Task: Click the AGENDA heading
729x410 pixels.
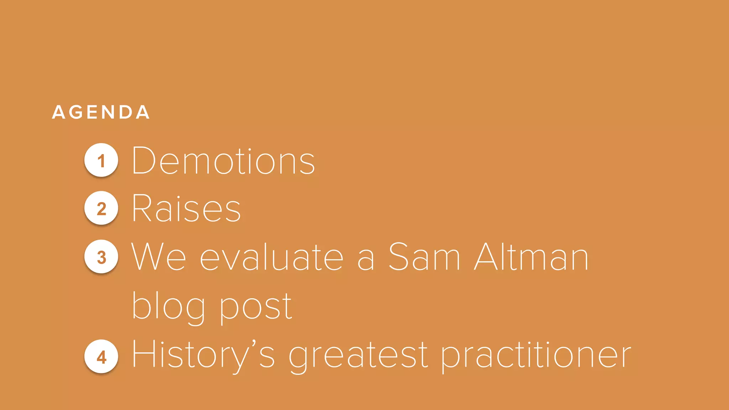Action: (x=101, y=112)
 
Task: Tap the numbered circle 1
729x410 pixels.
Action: (x=101, y=160)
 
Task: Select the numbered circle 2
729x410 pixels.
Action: (x=101, y=208)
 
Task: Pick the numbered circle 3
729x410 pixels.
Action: (x=101, y=257)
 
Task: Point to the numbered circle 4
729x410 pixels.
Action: (x=101, y=356)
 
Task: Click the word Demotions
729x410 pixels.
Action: (x=223, y=161)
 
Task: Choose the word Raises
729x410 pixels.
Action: (x=186, y=209)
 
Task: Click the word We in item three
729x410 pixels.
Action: (x=159, y=257)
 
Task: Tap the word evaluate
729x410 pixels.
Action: (x=271, y=257)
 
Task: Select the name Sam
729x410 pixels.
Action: (x=424, y=257)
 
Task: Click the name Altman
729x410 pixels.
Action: (x=531, y=257)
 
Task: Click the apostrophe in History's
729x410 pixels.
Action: (x=254, y=344)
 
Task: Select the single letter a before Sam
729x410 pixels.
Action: (x=366, y=260)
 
